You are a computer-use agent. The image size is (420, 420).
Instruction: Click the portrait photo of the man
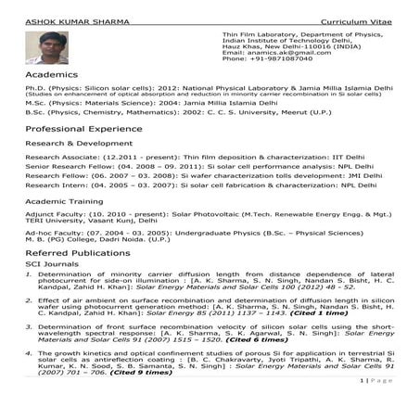point(47,47)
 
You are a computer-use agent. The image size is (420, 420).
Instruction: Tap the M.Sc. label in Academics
point(38,102)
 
